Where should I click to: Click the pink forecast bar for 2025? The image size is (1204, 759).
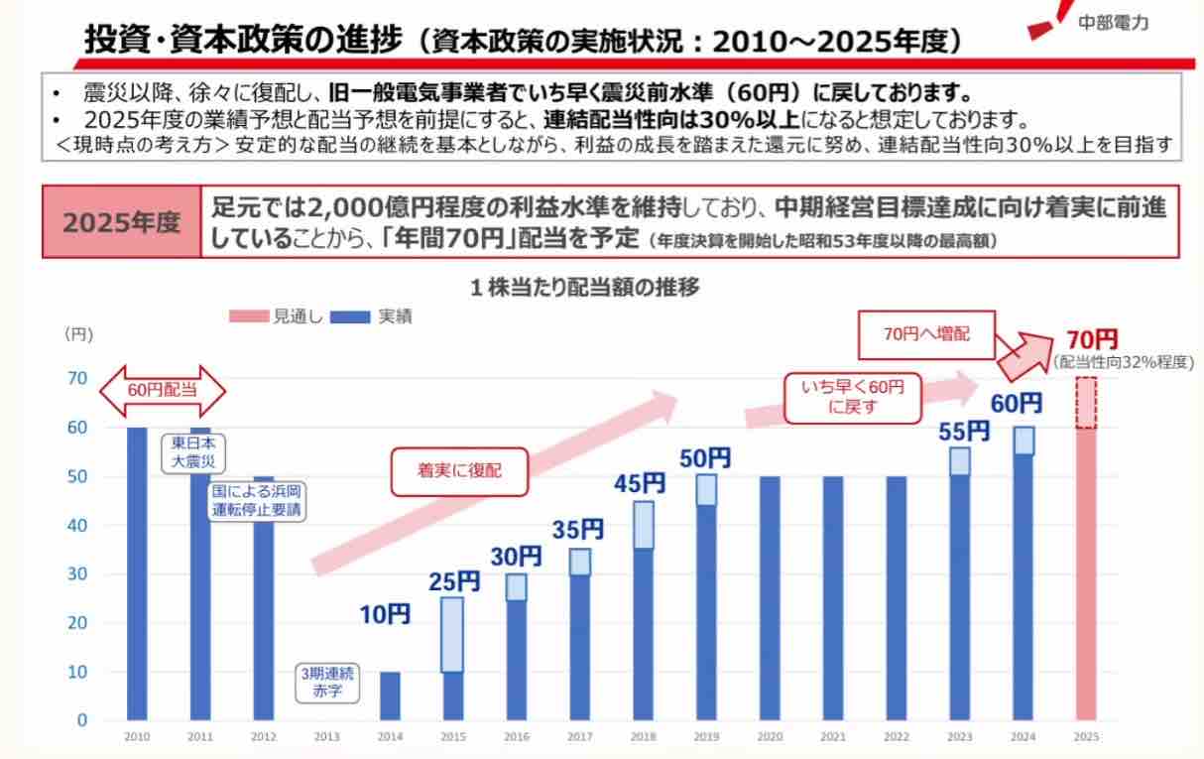coord(1086,575)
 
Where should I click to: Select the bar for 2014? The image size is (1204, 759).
coord(391,696)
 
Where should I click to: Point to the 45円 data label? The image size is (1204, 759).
coord(641,483)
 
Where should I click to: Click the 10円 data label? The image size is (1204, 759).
coord(385,615)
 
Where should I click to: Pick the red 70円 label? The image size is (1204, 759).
coord(1092,339)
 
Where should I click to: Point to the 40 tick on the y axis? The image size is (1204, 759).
coord(77,525)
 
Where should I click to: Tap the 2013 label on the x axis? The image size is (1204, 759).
coord(327,737)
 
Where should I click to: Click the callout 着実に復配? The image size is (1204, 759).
coord(459,471)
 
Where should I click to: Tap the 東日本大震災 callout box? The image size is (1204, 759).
coord(193,451)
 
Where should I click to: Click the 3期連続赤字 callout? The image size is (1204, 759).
coord(327,683)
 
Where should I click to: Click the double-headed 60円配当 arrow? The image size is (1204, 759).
coord(163,389)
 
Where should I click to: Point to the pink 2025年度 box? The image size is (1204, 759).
coord(122,222)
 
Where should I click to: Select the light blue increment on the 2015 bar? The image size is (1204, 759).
coord(452,634)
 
